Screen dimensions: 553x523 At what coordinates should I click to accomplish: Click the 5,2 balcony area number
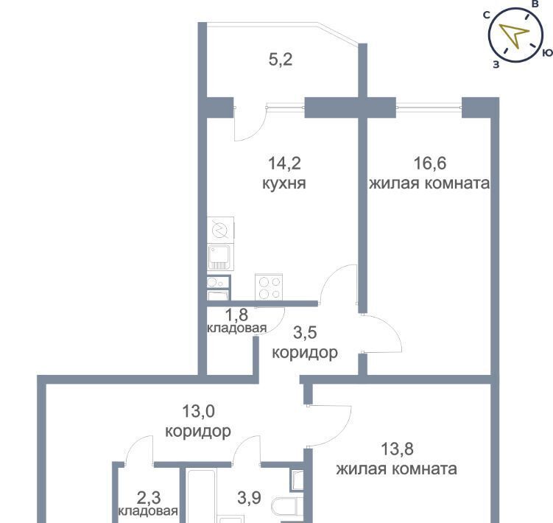(x=281, y=60)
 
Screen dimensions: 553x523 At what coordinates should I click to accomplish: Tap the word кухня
(x=284, y=184)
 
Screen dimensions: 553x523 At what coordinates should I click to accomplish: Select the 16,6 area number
(x=429, y=164)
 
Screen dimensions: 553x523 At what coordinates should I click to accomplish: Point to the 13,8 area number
(x=397, y=449)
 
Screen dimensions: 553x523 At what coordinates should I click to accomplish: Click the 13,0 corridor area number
(x=198, y=411)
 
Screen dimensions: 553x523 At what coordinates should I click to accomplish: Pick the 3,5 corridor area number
(x=305, y=333)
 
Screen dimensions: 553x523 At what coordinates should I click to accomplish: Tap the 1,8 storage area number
(x=236, y=315)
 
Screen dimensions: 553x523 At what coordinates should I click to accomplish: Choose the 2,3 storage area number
(x=149, y=498)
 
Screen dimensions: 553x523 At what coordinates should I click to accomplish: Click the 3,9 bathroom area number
(x=249, y=498)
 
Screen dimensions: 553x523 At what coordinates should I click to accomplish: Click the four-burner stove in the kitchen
(x=269, y=287)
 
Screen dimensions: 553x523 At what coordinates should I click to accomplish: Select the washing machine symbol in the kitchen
(x=220, y=230)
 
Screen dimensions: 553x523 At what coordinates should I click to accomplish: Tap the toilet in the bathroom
(x=287, y=507)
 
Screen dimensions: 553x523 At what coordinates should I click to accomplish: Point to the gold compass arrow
(x=515, y=35)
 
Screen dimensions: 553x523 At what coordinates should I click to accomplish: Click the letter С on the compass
(x=487, y=15)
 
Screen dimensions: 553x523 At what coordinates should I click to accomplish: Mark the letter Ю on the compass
(x=547, y=53)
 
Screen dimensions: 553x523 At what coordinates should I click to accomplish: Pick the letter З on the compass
(x=496, y=65)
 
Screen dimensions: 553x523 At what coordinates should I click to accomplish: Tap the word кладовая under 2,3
(x=148, y=511)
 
